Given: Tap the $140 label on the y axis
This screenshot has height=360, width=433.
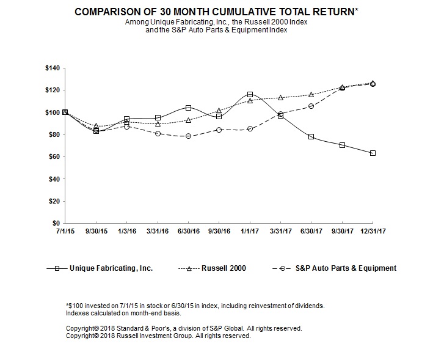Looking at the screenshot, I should pos(53,68).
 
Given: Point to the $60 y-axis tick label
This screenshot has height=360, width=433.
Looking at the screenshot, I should pos(54,156).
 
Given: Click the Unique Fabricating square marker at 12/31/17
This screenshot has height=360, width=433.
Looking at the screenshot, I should pos(373,153).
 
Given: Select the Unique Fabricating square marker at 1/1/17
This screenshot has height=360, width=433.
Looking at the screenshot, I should pos(250,95).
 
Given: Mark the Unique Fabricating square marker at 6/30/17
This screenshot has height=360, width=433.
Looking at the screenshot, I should pos(311,136).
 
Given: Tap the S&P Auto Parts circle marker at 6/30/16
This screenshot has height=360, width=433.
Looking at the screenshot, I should pos(188,136).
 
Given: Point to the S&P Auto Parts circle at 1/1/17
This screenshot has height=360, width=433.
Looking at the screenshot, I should pos(250,129).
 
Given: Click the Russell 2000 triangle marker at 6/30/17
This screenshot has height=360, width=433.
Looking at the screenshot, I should pos(311,95).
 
